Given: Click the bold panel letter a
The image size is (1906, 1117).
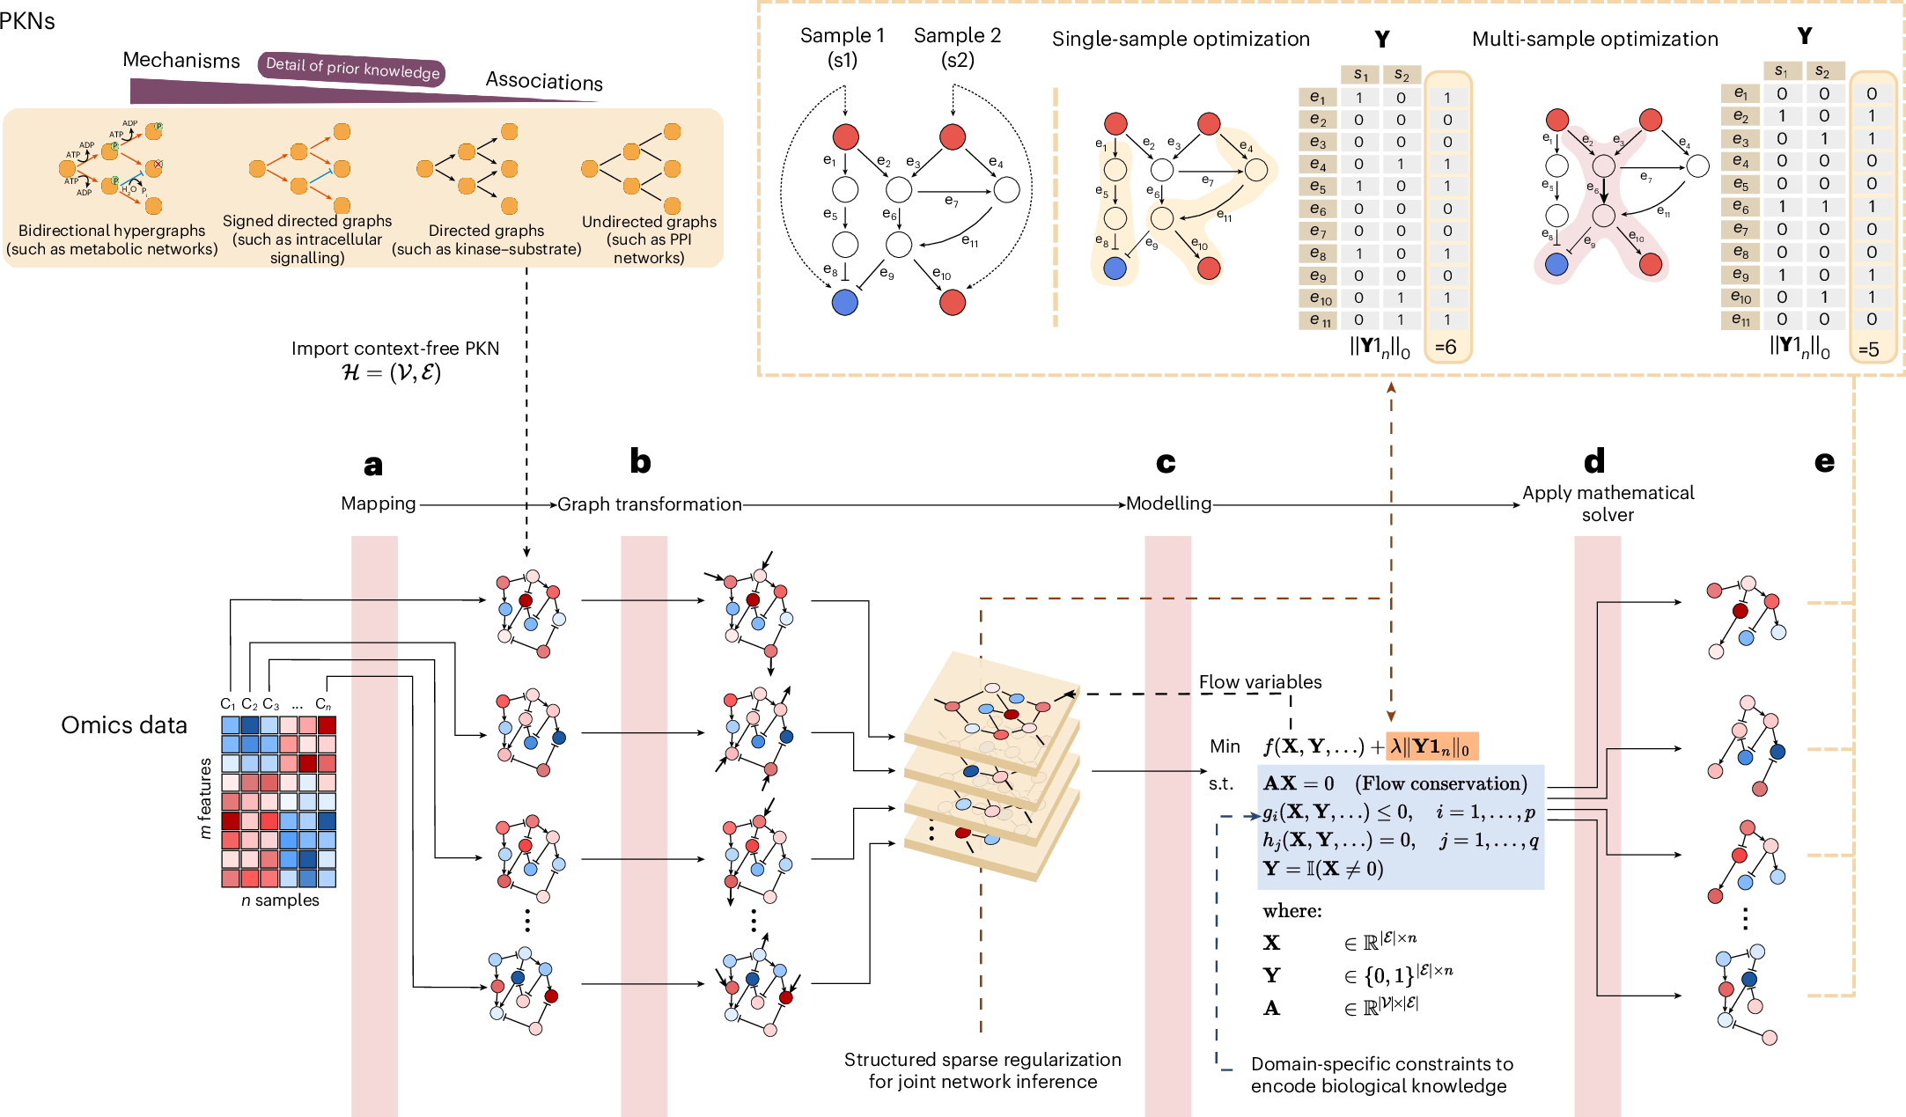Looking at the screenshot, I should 373,466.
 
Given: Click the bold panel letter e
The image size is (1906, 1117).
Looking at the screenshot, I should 1824,462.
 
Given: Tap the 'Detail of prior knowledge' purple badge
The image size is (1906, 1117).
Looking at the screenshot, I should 352,69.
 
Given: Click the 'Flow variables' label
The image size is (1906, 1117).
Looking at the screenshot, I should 1260,682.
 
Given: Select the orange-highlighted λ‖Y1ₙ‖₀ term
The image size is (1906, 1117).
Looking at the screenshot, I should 1431,747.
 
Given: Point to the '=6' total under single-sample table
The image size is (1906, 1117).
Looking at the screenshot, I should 1446,347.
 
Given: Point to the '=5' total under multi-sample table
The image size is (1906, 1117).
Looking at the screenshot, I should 1868,349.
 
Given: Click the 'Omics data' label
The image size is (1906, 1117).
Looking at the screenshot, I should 124,725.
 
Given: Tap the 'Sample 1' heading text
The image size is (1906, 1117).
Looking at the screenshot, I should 842,36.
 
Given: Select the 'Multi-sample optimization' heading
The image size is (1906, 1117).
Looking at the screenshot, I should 1594,40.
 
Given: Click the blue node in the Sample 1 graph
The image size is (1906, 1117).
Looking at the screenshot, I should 844,303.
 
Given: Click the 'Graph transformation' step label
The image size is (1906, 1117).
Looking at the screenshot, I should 650,504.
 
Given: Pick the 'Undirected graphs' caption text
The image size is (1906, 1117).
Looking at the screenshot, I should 649,222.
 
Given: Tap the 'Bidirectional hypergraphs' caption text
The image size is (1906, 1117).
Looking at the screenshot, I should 112,231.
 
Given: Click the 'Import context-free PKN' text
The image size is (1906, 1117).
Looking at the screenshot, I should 395,349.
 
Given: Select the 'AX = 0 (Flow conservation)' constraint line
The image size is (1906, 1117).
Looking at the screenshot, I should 1395,783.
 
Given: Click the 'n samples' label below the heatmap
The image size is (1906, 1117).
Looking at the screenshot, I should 280,900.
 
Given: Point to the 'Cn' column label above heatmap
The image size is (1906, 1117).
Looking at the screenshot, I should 323,704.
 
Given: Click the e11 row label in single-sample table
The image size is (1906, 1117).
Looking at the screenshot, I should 1318,321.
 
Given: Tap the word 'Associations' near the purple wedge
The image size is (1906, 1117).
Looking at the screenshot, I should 544,82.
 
